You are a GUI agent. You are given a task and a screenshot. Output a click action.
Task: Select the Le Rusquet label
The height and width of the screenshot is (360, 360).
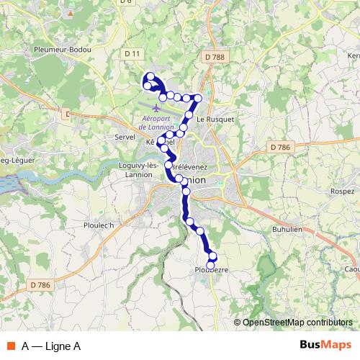point(216,119)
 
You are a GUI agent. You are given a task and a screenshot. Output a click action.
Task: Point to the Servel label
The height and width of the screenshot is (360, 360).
point(115,135)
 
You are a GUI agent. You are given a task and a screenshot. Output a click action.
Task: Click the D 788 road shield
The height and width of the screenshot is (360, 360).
point(213,58)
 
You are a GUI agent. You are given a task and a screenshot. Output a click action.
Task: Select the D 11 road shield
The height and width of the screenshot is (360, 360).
point(131,53)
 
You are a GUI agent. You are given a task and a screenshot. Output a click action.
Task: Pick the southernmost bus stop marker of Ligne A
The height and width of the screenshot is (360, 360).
point(211,264)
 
